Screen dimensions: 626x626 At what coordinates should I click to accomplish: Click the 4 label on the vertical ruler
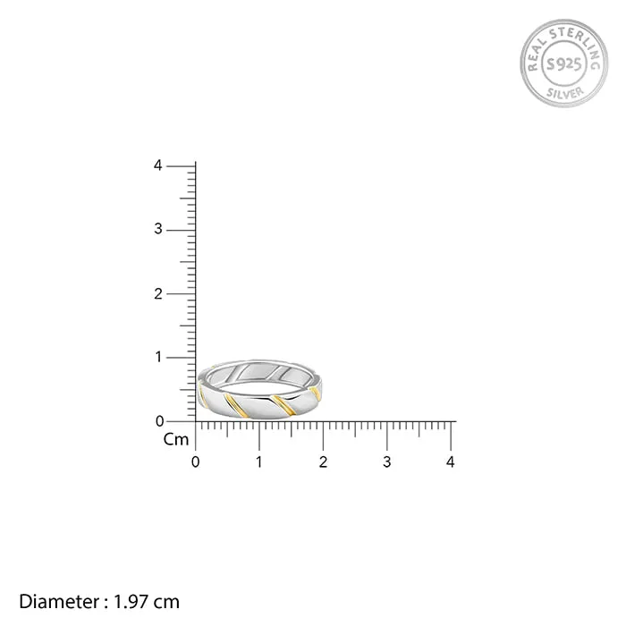point(157,166)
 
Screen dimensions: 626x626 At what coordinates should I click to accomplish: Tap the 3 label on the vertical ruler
point(157,230)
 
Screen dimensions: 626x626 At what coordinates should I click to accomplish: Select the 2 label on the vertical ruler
point(157,293)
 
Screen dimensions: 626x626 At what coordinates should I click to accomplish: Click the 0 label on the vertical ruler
point(159,420)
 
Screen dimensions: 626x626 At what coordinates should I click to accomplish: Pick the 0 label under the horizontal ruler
point(196,462)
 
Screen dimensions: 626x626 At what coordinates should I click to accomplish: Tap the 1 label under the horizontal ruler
point(259,462)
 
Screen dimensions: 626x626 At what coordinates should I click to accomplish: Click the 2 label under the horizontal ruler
point(323,462)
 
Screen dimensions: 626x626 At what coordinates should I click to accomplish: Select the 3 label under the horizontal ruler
point(387,462)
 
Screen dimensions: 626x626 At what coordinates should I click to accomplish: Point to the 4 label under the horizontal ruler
point(451,462)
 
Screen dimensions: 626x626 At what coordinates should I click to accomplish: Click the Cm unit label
point(175,439)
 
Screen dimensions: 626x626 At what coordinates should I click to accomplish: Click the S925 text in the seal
point(563,63)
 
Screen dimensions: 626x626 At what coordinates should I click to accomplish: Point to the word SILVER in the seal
point(563,93)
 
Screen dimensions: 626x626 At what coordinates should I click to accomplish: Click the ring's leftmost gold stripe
point(202,400)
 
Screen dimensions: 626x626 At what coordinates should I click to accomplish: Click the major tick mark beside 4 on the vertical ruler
point(182,166)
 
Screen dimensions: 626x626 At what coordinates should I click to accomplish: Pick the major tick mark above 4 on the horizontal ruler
point(451,435)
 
